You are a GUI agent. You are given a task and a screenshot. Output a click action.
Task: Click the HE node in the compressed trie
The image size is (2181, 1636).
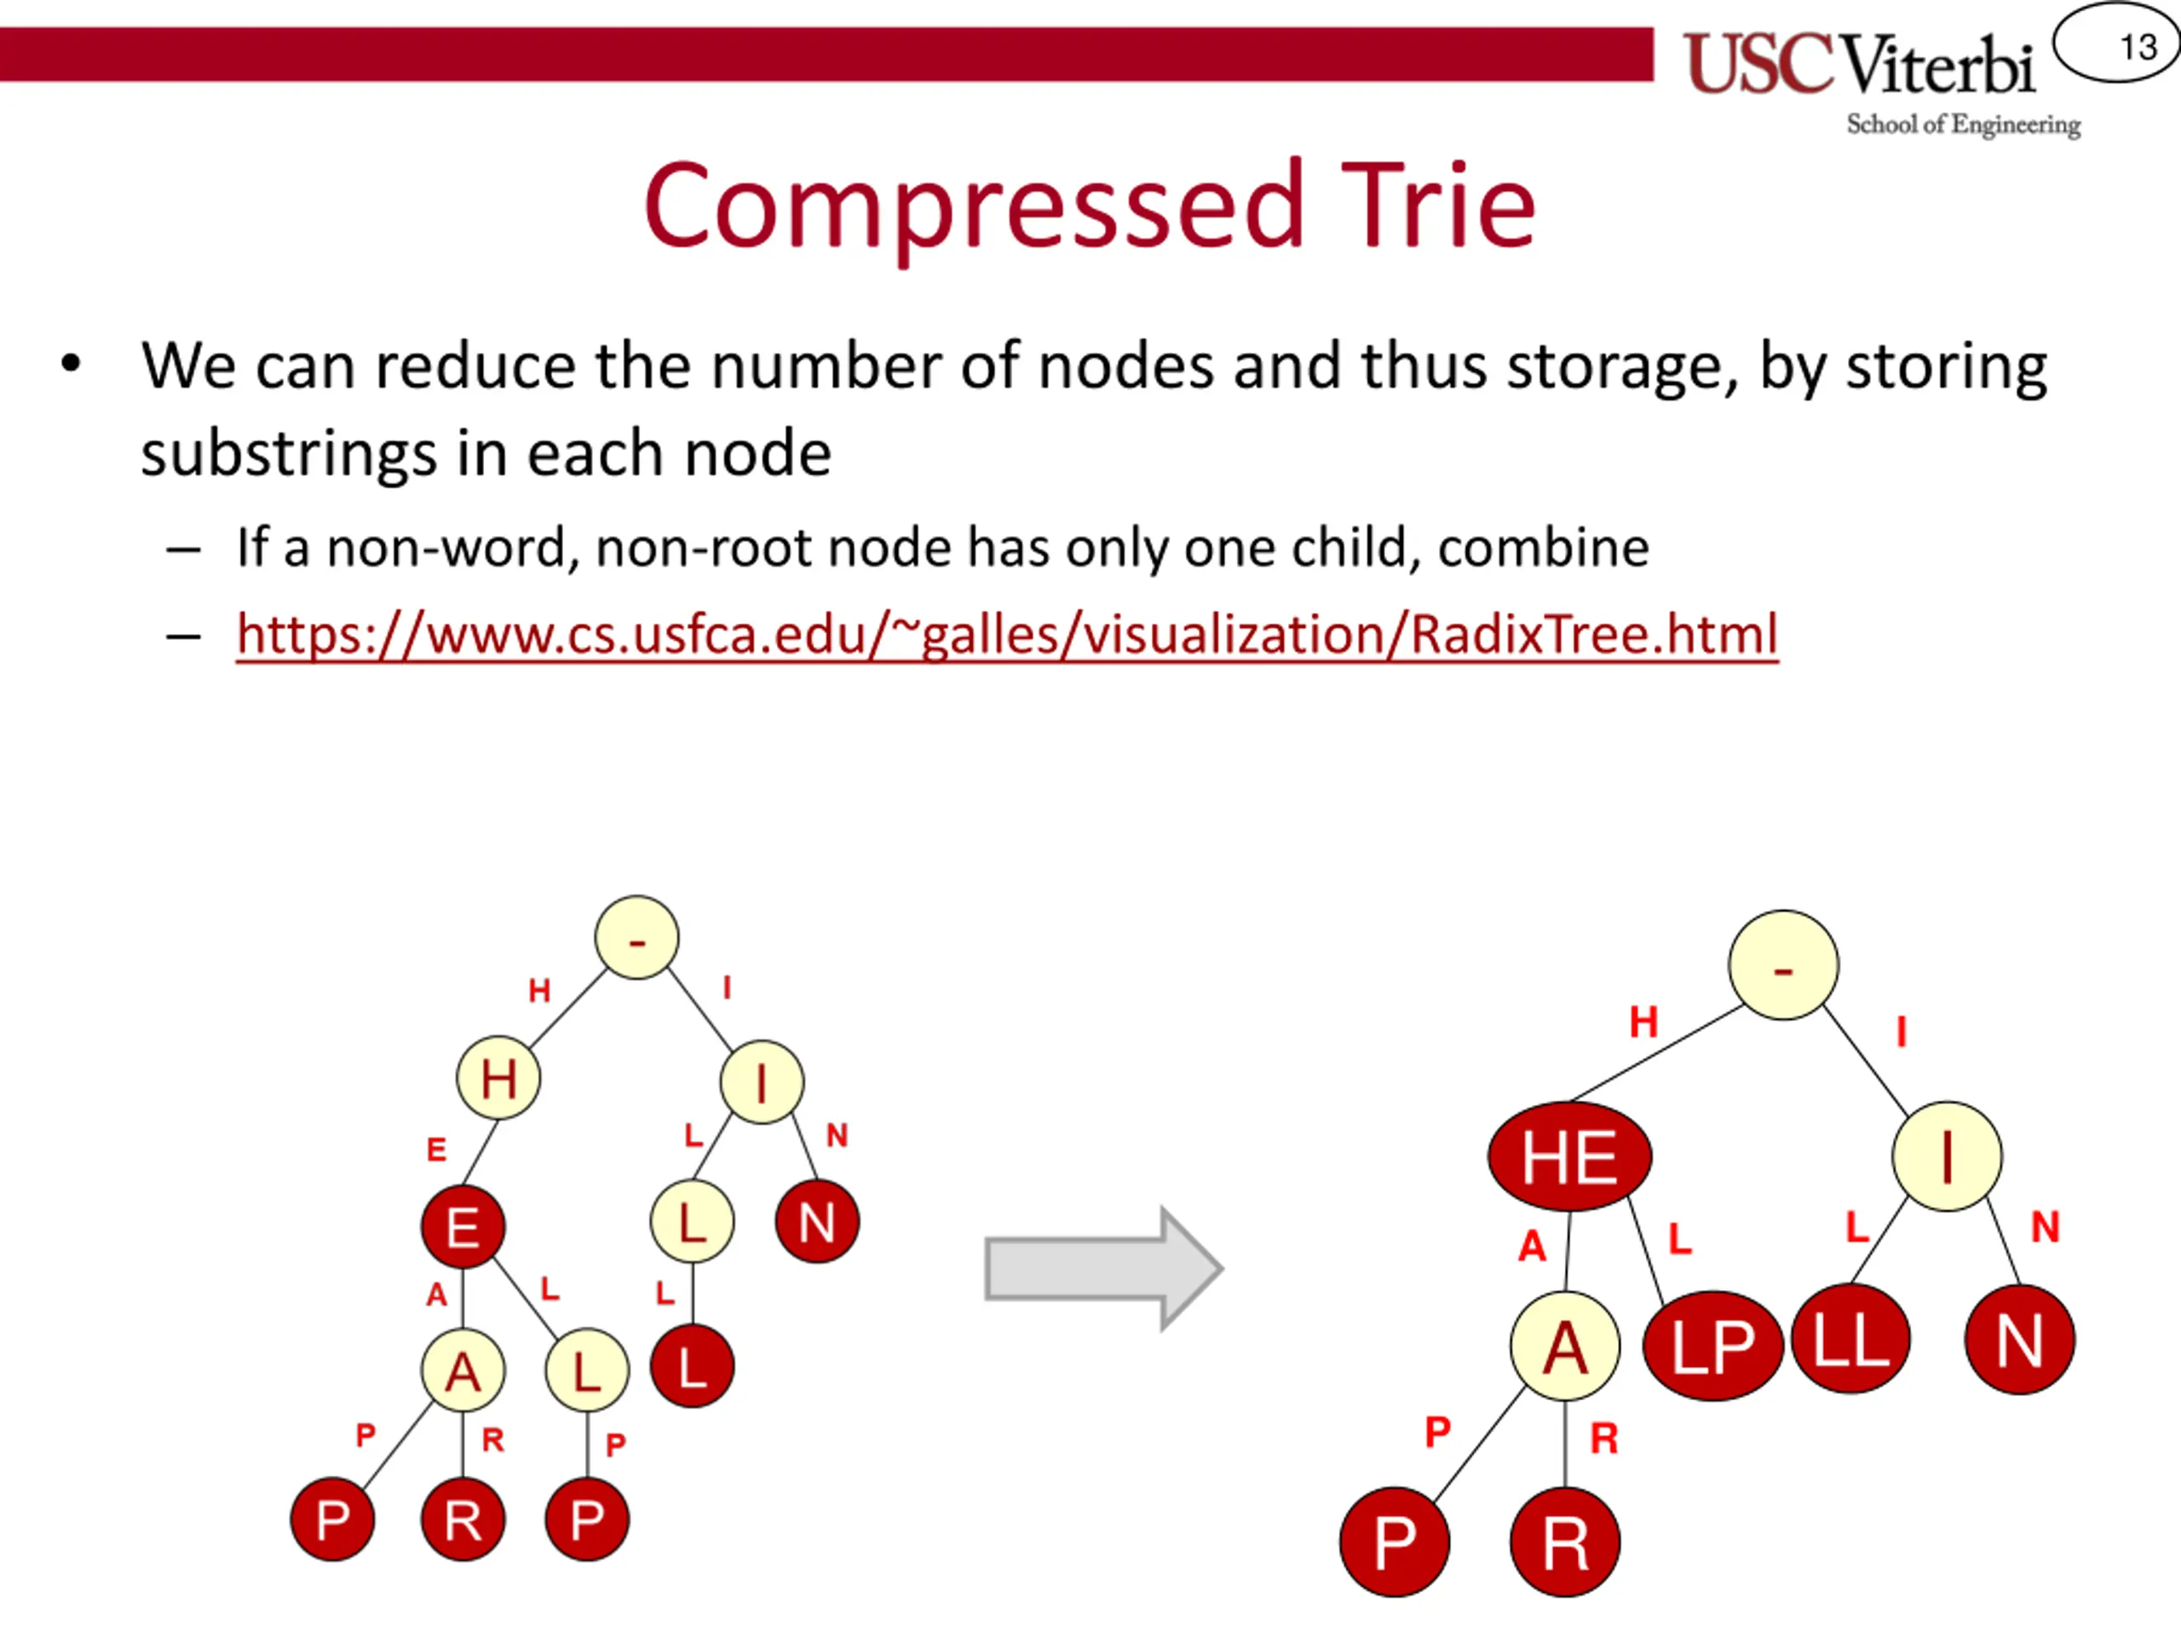[x=1568, y=1155]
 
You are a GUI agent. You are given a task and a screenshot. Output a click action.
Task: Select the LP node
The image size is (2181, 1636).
[x=1712, y=1345]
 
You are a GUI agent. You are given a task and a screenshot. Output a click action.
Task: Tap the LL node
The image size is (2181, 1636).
[x=1850, y=1339]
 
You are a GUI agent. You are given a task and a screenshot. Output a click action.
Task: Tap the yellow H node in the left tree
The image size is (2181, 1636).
[x=498, y=1078]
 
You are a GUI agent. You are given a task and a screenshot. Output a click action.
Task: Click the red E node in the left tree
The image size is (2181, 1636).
[x=463, y=1227]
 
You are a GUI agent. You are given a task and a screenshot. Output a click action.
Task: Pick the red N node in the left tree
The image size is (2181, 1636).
[x=816, y=1222]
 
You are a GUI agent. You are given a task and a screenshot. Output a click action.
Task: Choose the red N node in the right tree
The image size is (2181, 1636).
[x=2019, y=1340]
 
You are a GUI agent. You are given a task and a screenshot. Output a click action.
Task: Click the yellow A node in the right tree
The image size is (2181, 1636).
[x=1565, y=1346]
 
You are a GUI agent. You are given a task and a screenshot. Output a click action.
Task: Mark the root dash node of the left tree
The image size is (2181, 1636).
[x=637, y=938]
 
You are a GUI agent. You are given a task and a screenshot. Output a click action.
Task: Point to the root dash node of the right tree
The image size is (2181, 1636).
[x=1782, y=965]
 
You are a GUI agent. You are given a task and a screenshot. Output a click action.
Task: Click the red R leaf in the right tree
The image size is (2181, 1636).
[x=1565, y=1542]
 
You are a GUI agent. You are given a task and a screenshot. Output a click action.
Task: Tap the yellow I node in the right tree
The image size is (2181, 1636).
[x=1947, y=1155]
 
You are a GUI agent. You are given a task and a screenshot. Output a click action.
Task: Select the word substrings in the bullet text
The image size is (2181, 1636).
[x=288, y=455]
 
